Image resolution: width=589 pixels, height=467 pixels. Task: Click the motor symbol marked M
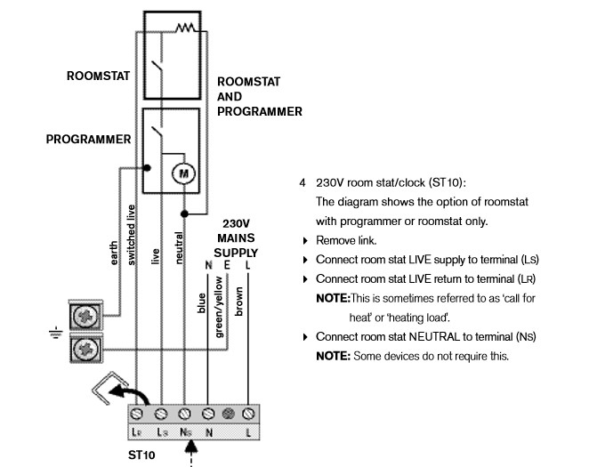point(183,173)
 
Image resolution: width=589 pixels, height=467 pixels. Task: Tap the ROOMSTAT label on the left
point(98,76)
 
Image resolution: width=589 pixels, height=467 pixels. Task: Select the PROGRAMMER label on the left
point(89,140)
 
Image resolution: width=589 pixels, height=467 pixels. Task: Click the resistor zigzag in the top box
point(185,28)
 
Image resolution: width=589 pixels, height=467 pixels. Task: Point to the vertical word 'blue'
point(201,302)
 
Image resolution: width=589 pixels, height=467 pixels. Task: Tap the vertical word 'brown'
point(238,301)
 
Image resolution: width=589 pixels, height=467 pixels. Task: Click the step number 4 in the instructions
point(303,182)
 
